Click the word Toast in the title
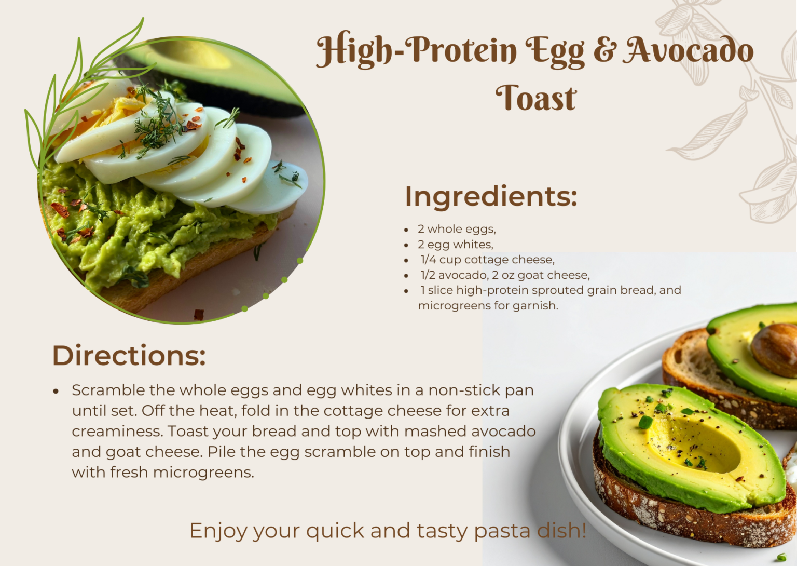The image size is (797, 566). click(535, 98)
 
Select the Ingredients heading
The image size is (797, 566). click(490, 196)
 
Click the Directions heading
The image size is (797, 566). click(129, 356)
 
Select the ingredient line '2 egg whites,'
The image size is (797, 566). click(455, 245)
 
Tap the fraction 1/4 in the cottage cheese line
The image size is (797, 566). click(429, 260)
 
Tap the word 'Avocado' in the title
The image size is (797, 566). click(689, 50)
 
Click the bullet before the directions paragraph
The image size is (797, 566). click(56, 391)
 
